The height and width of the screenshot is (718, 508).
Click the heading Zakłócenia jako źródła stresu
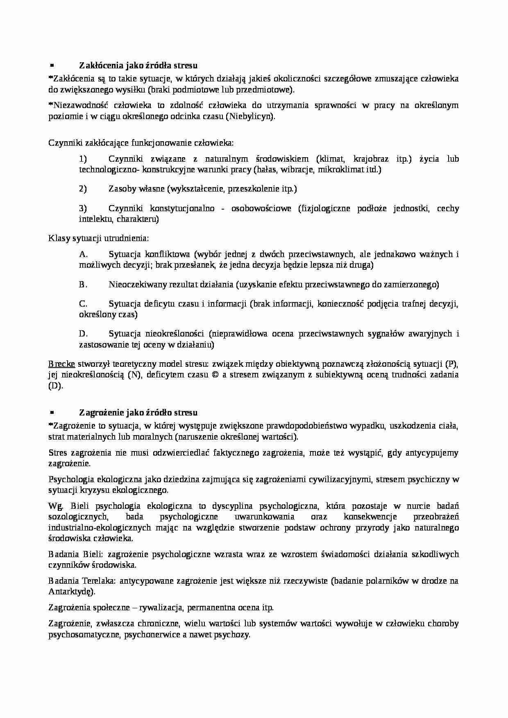(x=138, y=65)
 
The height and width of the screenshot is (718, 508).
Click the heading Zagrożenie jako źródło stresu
(x=138, y=412)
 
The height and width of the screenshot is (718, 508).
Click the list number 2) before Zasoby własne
(x=83, y=189)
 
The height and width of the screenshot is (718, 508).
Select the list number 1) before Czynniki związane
(x=83, y=159)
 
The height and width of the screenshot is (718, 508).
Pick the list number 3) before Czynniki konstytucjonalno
(x=83, y=208)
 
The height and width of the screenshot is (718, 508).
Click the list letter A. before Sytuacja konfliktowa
(x=83, y=254)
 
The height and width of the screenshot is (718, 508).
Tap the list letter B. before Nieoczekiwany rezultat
(x=83, y=284)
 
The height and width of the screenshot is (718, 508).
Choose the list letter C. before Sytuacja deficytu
(x=83, y=304)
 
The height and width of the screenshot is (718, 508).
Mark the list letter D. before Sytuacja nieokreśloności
(x=83, y=334)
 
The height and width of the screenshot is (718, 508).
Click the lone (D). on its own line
(x=56, y=385)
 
